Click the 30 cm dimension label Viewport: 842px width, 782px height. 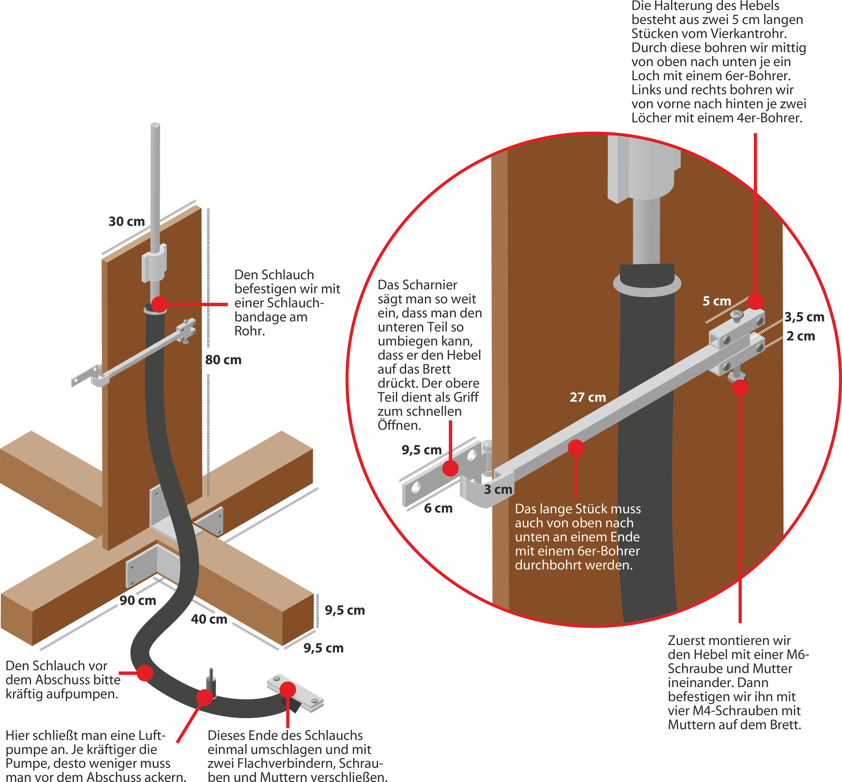126,221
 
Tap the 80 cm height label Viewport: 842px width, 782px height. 223,360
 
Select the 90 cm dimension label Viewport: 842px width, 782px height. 138,600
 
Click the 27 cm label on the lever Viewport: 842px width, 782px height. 587,398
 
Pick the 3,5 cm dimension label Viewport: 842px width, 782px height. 804,317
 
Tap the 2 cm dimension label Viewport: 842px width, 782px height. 800,337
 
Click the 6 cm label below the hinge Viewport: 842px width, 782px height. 438,508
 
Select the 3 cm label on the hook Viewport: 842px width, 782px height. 498,489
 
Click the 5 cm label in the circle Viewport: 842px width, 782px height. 717,301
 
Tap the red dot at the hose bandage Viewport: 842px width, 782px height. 160,304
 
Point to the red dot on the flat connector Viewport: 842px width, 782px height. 287,689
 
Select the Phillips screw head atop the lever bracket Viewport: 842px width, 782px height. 737,314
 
